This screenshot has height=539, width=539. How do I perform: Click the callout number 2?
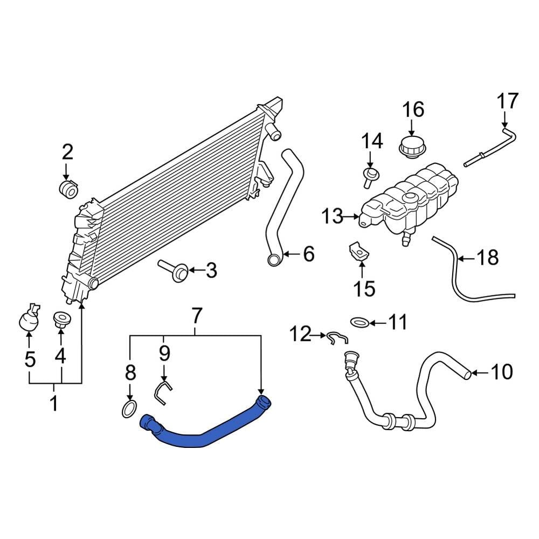click(x=67, y=153)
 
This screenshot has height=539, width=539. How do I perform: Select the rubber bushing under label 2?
click(x=68, y=189)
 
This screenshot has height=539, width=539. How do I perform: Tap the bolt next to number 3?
click(x=174, y=269)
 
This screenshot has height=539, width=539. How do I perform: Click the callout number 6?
click(x=308, y=253)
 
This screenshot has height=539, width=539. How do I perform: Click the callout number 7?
click(x=196, y=315)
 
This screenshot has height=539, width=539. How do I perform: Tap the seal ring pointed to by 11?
click(x=360, y=323)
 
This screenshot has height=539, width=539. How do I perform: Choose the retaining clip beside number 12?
click(x=337, y=338)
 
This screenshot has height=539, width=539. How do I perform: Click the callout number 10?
click(x=502, y=371)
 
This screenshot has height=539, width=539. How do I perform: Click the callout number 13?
click(x=333, y=217)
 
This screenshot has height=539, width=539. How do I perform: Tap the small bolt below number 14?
click(x=371, y=177)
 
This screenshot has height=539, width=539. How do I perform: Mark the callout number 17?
click(x=507, y=101)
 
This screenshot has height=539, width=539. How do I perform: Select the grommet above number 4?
click(x=60, y=319)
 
